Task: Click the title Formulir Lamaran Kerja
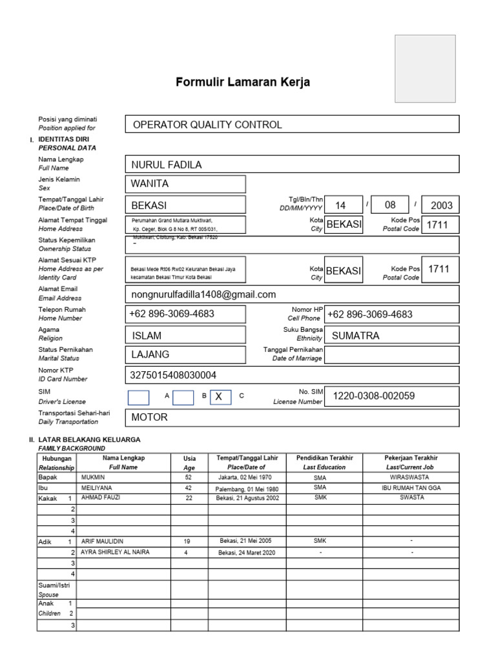tap(243, 83)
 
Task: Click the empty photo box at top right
tap(425, 68)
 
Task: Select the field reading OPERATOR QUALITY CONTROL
tap(292, 125)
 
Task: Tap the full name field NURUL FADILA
tap(292, 165)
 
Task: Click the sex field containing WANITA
tap(186, 184)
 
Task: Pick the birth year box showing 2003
tap(440, 205)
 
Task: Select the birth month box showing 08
tap(390, 205)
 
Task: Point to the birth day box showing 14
tap(341, 205)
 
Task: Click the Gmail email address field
tap(292, 294)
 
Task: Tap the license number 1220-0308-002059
tap(392, 396)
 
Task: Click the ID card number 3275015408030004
tap(292, 374)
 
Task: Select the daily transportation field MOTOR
tap(292, 418)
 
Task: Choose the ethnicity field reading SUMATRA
tap(392, 336)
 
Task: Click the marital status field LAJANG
tap(186, 355)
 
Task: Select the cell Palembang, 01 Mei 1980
tap(247, 489)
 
